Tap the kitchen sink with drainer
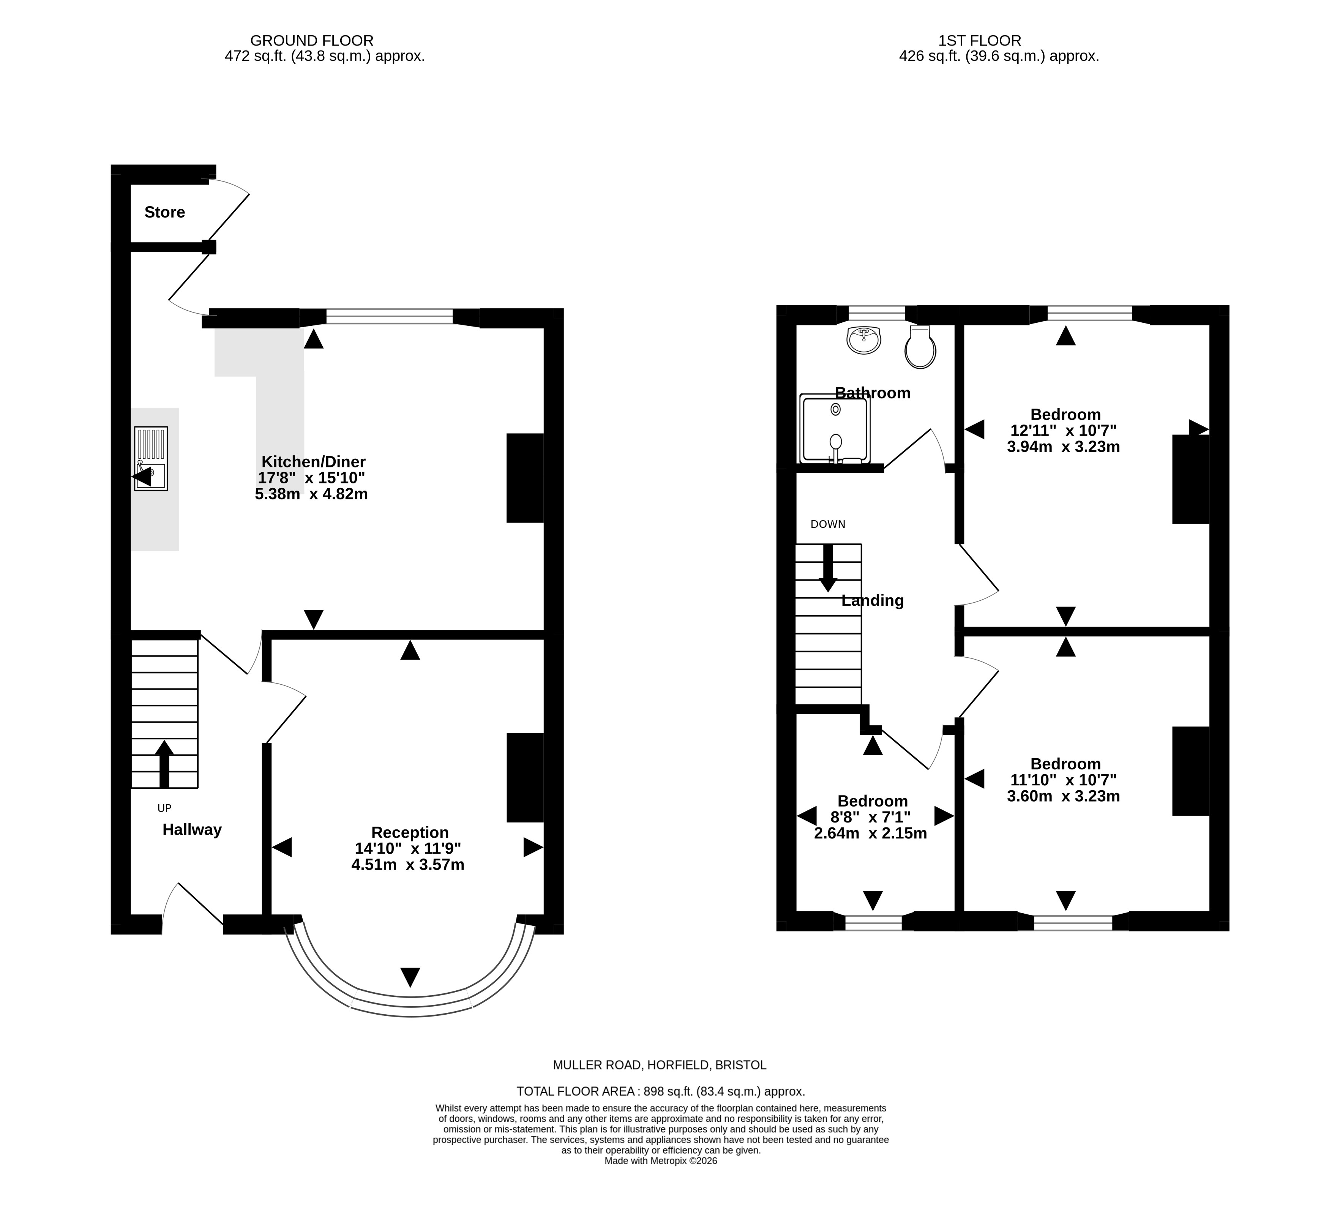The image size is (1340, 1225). [151, 459]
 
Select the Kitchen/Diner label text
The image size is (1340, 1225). [313, 461]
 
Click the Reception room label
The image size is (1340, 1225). [410, 832]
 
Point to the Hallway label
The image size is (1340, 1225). [192, 830]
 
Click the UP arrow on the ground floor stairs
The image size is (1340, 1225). [164, 764]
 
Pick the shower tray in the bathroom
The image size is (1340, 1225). [835, 429]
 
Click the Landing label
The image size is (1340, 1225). [873, 601]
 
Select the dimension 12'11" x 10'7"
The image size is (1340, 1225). [1064, 431]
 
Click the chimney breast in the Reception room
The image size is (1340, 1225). [525, 778]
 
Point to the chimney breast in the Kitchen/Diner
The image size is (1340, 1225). [525, 478]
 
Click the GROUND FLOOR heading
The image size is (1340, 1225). [312, 41]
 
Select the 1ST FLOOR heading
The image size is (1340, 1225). [980, 41]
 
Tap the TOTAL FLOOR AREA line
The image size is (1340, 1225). [661, 1091]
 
